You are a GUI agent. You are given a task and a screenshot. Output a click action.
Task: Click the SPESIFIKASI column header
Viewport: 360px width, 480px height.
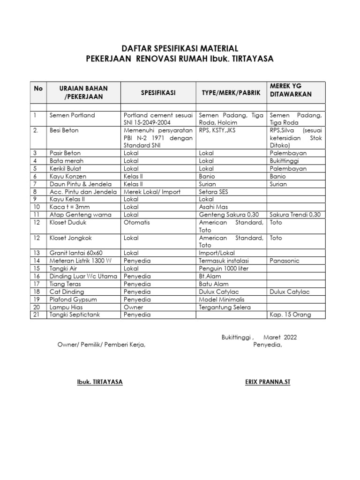click(158, 93)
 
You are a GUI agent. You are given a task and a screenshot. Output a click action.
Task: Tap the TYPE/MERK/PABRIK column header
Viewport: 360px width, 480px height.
click(231, 93)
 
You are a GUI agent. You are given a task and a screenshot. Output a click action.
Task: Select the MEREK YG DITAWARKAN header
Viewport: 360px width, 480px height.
click(291, 90)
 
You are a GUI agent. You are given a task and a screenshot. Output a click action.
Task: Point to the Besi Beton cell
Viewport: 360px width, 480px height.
click(64, 130)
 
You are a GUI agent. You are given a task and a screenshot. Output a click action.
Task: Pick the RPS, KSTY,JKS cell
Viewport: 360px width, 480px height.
click(217, 130)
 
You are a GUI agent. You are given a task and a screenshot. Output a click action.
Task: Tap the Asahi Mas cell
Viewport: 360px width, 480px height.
click(213, 207)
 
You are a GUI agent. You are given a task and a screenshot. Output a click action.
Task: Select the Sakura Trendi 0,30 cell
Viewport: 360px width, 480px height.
click(295, 215)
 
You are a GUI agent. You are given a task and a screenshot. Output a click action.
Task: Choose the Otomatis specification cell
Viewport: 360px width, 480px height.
click(137, 222)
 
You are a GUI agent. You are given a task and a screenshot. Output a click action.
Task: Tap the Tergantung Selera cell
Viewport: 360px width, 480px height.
click(225, 307)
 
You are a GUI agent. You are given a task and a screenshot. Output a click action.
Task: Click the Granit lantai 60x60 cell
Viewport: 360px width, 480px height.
click(75, 253)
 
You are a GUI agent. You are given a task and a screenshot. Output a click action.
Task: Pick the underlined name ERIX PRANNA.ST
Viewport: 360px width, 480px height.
click(268, 382)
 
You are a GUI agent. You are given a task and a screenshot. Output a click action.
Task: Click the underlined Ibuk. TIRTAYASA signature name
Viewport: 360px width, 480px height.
click(100, 382)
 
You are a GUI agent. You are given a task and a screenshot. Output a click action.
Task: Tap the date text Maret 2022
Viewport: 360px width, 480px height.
click(280, 337)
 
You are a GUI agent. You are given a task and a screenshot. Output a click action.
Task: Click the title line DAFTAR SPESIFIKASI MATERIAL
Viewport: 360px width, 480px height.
click(180, 49)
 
